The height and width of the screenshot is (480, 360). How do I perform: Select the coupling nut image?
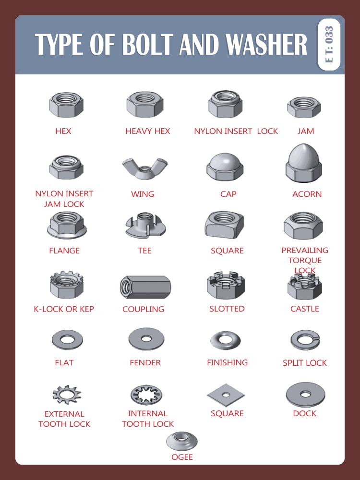pyautogui.click(x=145, y=287)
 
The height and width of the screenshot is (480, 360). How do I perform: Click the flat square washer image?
pyautogui.click(x=226, y=395)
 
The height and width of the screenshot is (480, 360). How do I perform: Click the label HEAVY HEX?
pyautogui.click(x=147, y=131)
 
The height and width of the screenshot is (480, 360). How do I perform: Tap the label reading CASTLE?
pyautogui.click(x=304, y=309)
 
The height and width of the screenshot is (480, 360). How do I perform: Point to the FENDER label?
pyautogui.click(x=145, y=362)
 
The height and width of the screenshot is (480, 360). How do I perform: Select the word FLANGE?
pyautogui.click(x=64, y=251)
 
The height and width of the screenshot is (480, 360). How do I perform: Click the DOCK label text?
pyautogui.click(x=304, y=413)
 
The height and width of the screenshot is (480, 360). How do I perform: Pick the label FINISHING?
pyautogui.click(x=227, y=362)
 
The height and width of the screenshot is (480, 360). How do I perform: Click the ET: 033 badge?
pyautogui.click(x=329, y=44)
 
